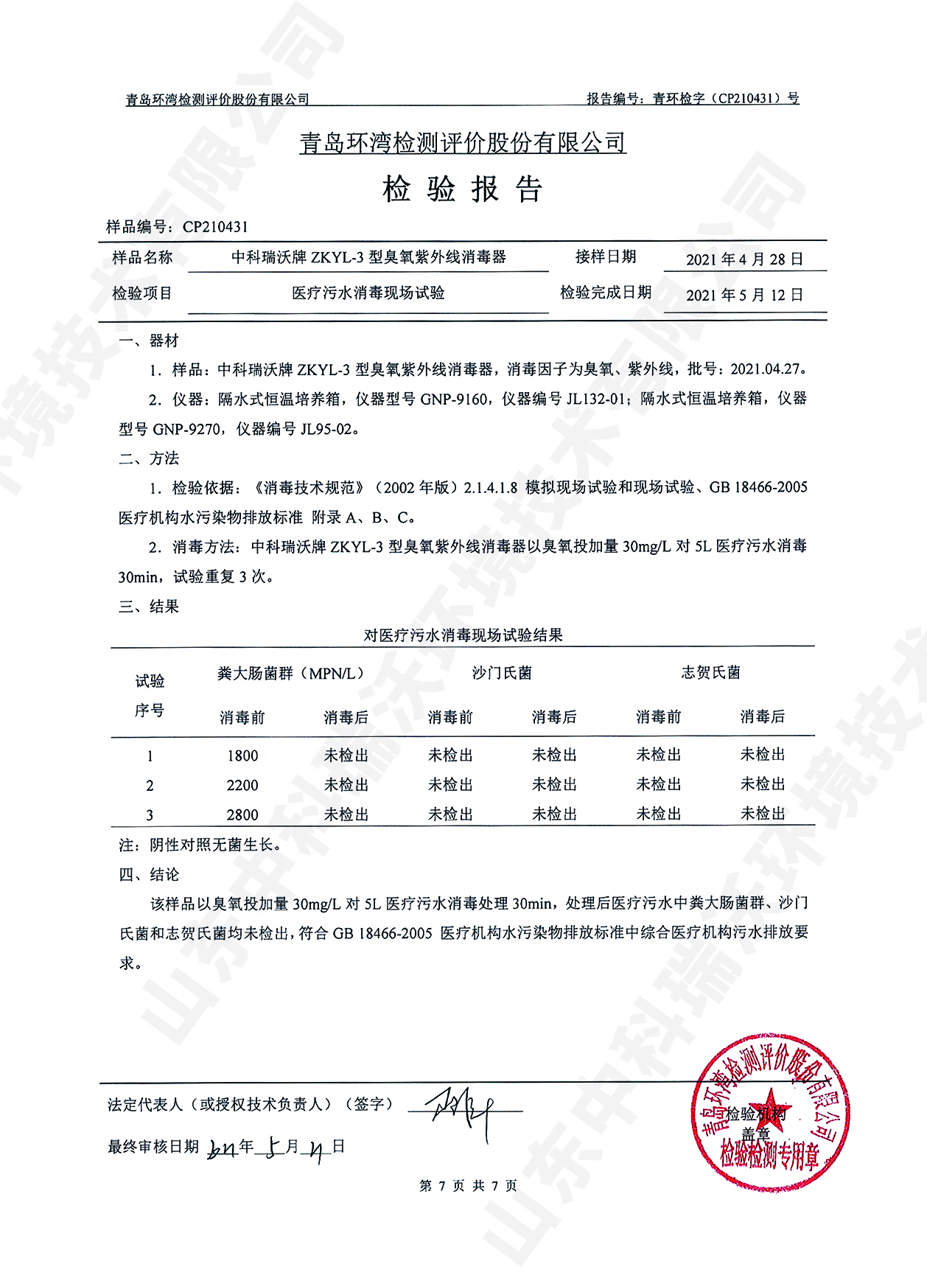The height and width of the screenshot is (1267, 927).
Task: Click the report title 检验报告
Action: [x=463, y=190]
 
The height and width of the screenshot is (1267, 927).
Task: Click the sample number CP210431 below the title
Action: [x=215, y=227]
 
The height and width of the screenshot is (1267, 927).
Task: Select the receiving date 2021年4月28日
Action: [x=744, y=259]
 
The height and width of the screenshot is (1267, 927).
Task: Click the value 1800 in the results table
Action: [x=242, y=756]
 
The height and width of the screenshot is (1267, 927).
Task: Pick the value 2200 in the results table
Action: [x=242, y=786]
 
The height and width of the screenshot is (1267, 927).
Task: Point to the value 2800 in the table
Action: [x=242, y=815]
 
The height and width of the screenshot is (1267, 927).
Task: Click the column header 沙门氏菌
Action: [x=502, y=673]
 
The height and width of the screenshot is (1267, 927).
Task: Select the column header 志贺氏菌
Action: [x=710, y=673]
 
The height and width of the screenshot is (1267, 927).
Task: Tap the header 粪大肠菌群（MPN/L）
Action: [x=291, y=674]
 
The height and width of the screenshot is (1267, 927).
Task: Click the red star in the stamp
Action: [x=766, y=1103]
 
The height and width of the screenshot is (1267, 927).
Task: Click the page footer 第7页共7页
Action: [x=468, y=1185]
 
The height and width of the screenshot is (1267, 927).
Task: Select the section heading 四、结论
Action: [x=149, y=875]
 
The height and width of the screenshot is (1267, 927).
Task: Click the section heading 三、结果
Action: [x=149, y=607]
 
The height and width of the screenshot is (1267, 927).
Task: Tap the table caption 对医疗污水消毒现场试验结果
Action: [x=463, y=635]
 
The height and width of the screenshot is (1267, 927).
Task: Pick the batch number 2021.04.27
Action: [x=764, y=369]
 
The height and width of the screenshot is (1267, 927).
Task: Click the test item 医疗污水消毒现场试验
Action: [x=368, y=293]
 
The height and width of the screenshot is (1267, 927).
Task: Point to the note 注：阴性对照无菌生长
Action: [x=200, y=845]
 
